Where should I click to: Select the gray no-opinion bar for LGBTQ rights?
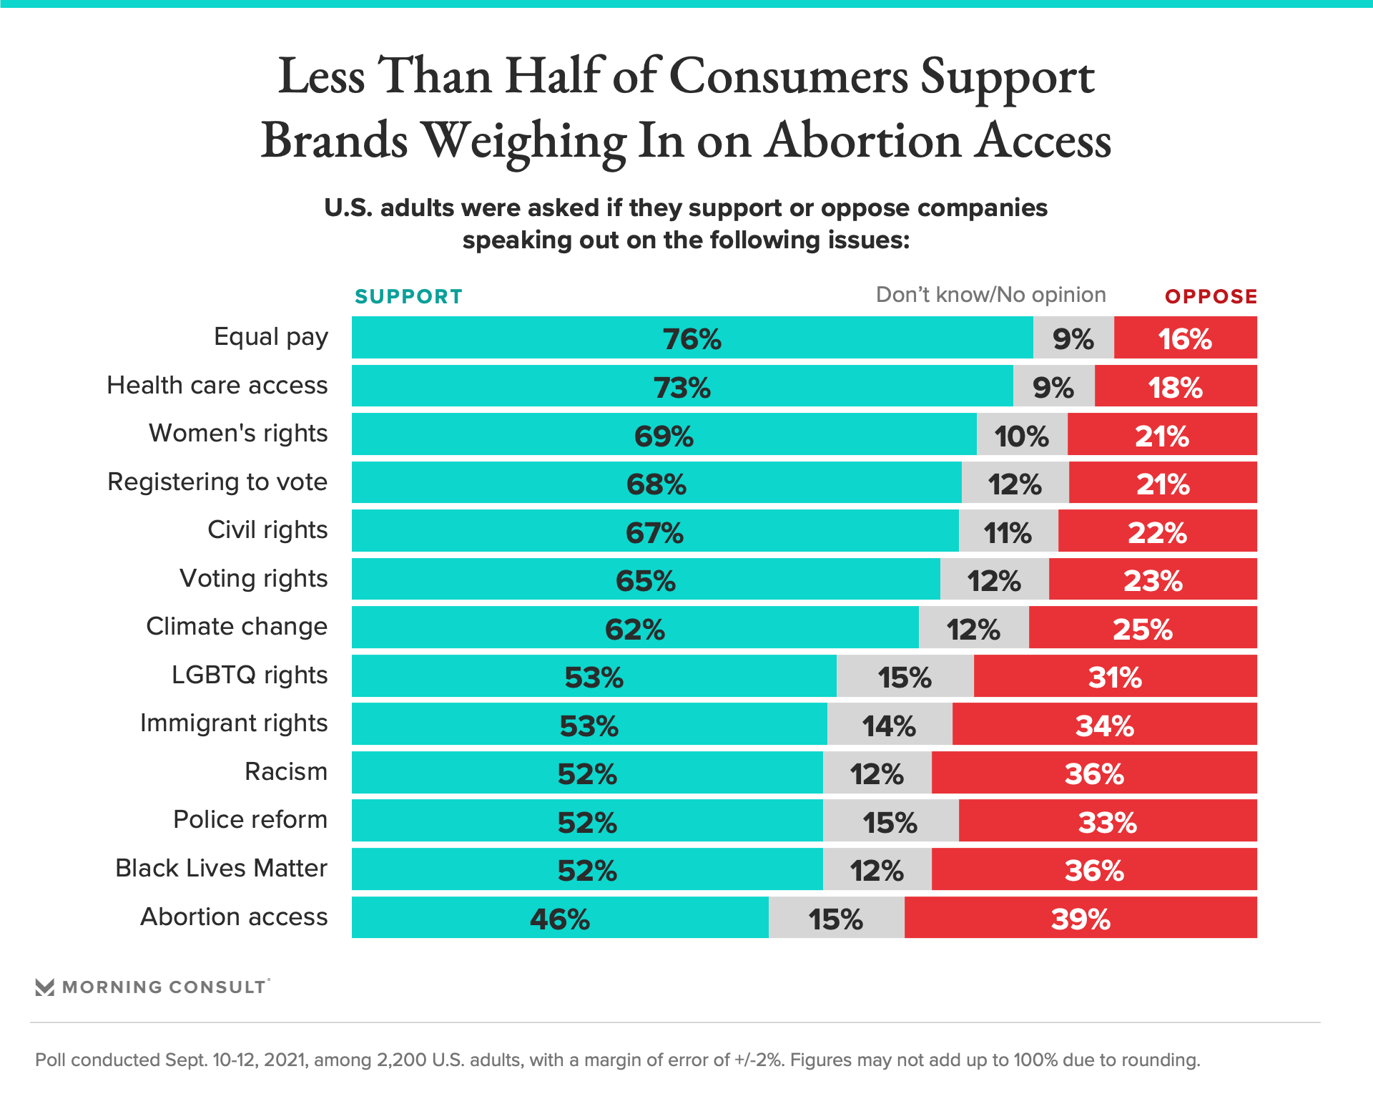pyautogui.click(x=905, y=677)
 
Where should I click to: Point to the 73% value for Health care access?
pyautogui.click(x=681, y=388)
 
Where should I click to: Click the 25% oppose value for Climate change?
pyautogui.click(x=1142, y=630)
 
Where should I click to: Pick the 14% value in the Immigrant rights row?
pyautogui.click(x=889, y=726)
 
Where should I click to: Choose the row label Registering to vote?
pyautogui.click(x=217, y=482)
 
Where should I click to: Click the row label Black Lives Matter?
pyautogui.click(x=221, y=869)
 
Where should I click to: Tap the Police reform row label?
pyautogui.click(x=250, y=820)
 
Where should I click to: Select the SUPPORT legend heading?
pyautogui.click(x=408, y=296)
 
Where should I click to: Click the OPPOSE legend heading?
pyautogui.click(x=1211, y=296)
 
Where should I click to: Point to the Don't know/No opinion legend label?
pyautogui.click(x=990, y=295)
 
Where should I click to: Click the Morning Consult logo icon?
pyautogui.click(x=45, y=987)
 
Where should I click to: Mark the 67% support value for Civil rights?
pyautogui.click(x=654, y=533)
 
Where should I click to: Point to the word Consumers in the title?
pyautogui.click(x=788, y=77)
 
